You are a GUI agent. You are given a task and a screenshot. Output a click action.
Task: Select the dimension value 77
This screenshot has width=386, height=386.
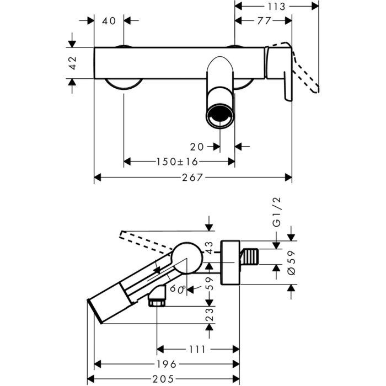tap(264, 21)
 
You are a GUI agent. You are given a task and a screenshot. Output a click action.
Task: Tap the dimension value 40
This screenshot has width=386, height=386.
tap(109, 21)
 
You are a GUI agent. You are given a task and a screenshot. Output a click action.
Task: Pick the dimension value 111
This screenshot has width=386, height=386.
tap(197, 349)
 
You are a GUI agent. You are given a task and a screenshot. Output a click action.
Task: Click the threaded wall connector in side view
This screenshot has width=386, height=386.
tap(250, 257)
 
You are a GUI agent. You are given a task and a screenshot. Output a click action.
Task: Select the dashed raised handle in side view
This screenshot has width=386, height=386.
tap(143, 240)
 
